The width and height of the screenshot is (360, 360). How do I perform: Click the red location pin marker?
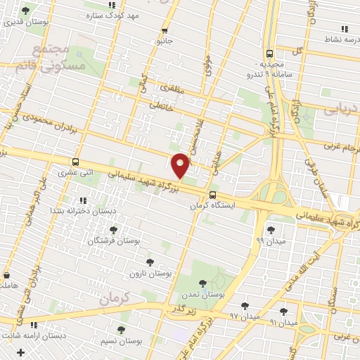pyautogui.click(x=181, y=166)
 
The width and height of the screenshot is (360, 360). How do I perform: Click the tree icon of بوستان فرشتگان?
pyautogui.click(x=114, y=229)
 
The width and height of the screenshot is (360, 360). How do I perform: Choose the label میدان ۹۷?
pyautogui.click(x=245, y=317)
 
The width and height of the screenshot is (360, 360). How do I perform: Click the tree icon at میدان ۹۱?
pyautogui.click(x=284, y=311)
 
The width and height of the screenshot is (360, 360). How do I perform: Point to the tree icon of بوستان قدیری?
pyautogui.click(x=26, y=11)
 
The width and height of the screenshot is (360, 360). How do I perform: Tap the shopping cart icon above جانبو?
pyautogui.click(x=165, y=30)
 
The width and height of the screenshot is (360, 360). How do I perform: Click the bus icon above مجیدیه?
pyautogui.click(x=271, y=53)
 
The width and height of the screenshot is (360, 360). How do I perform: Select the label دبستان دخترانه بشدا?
pyautogui.click(x=77, y=210)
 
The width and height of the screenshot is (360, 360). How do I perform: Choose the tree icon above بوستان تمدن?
pyautogui.click(x=203, y=283)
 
